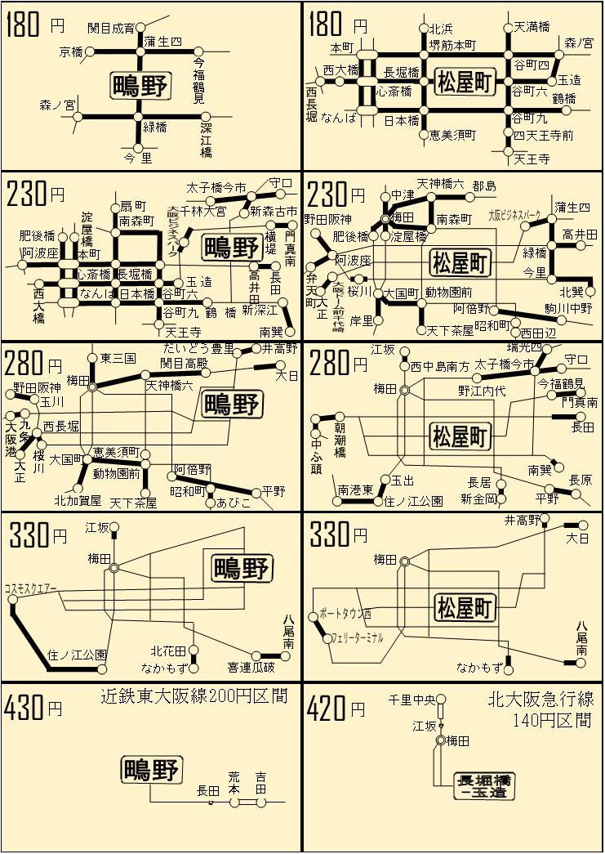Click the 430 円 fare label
[x=33, y=707]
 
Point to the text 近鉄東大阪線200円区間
[x=194, y=697]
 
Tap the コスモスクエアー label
[x=31, y=588]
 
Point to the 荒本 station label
[x=234, y=783]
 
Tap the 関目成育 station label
[x=111, y=28]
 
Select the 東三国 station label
[x=118, y=358]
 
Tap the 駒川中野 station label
[x=568, y=309]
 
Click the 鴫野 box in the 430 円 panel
[x=152, y=770]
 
